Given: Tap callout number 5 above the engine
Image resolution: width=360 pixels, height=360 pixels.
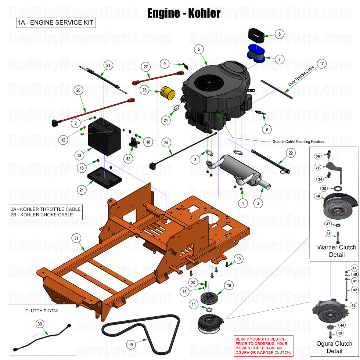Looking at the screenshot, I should [199, 49].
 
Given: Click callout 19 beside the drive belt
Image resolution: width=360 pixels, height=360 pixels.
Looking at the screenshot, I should [131, 345].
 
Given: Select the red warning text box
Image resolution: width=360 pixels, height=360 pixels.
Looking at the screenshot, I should [263, 345].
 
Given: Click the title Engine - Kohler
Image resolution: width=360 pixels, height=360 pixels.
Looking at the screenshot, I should [184, 13].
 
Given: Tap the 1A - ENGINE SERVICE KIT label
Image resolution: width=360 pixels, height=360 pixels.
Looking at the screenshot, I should [55, 23].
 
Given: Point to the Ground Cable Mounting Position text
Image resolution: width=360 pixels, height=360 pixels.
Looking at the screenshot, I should [298, 141].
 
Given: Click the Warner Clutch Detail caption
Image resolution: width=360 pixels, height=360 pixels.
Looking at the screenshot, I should [336, 251].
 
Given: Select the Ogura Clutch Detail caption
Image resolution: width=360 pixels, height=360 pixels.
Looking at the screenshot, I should [334, 347].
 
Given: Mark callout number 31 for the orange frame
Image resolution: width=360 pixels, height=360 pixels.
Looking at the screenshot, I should [76, 238].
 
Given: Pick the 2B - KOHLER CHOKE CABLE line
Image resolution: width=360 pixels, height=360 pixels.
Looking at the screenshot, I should [42, 215].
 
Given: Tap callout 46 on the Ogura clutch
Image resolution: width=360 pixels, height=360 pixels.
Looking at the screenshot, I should [353, 305].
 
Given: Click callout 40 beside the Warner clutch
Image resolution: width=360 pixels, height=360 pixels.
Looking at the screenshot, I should [317, 196].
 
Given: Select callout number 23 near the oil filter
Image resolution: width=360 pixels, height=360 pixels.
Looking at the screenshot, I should [145, 90].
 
